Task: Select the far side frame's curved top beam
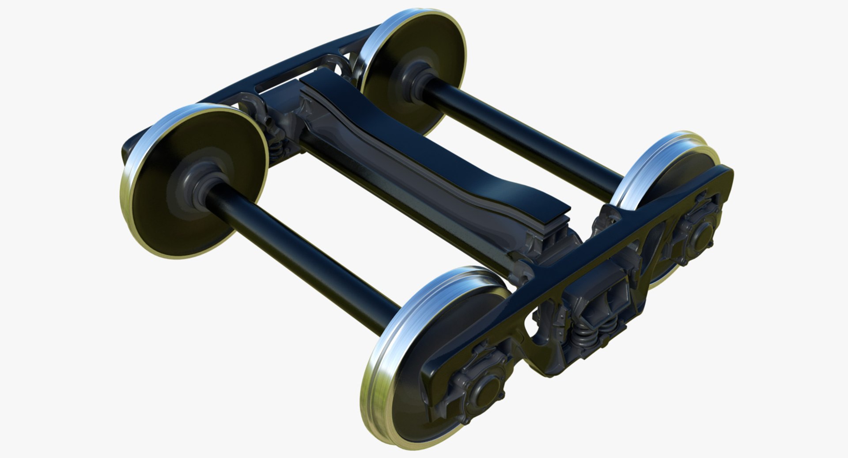(265, 71)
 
